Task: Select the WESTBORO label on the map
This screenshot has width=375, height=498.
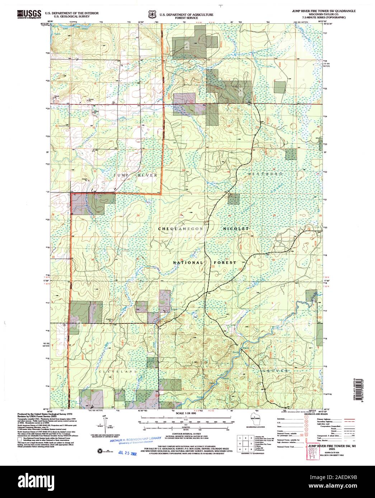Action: click(266, 173)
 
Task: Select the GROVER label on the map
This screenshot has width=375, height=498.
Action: click(275, 370)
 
